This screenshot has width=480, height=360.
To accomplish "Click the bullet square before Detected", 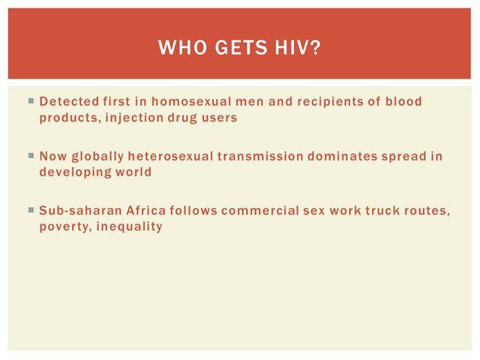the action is click(x=31, y=100).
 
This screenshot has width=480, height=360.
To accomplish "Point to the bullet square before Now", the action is click(x=31, y=155).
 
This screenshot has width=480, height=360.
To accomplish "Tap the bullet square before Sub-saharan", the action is click(x=31, y=210).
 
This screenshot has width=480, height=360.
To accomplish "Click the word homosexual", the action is click(x=191, y=101).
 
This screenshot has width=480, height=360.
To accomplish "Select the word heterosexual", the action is click(x=170, y=156).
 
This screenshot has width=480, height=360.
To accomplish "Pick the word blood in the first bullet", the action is click(x=403, y=101).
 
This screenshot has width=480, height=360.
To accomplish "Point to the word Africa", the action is click(x=145, y=211).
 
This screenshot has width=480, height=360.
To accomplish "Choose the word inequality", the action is click(x=129, y=226).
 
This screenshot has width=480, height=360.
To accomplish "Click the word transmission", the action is click(x=260, y=156).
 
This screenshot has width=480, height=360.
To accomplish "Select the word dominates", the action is click(x=342, y=156).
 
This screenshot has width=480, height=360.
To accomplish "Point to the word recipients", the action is click(x=330, y=102).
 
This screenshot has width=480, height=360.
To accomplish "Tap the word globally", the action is click(x=97, y=157).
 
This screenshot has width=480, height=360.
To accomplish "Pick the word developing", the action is click(x=75, y=172).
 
